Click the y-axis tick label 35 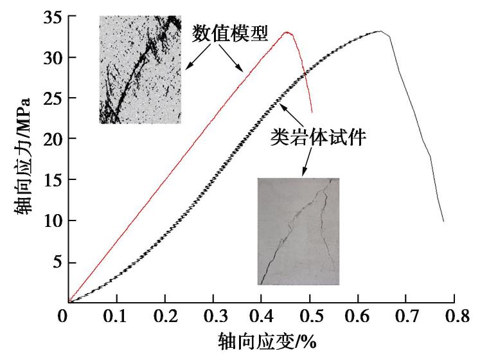pos(52,17)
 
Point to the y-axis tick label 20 pos(52,139)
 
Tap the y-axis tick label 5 pos(56,262)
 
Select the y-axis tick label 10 pos(52,221)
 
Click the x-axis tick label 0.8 pos(454,317)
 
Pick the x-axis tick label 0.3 pos(213,317)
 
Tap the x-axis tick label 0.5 pos(310,317)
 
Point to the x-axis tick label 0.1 pos(117,317)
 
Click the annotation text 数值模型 pos(229,34)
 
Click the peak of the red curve pos(288,33)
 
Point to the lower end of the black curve pos(443,221)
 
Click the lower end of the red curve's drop pos(312,113)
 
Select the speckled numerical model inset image pos(141,69)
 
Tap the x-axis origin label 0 pos(63,317)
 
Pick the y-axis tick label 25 pos(52,98)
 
